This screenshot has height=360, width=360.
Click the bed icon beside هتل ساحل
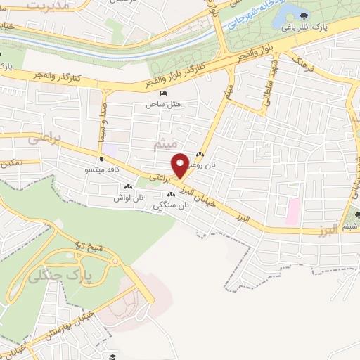point(163,94)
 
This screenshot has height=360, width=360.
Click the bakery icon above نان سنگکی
point(169,194)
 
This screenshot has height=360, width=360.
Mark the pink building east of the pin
point(292,208)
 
